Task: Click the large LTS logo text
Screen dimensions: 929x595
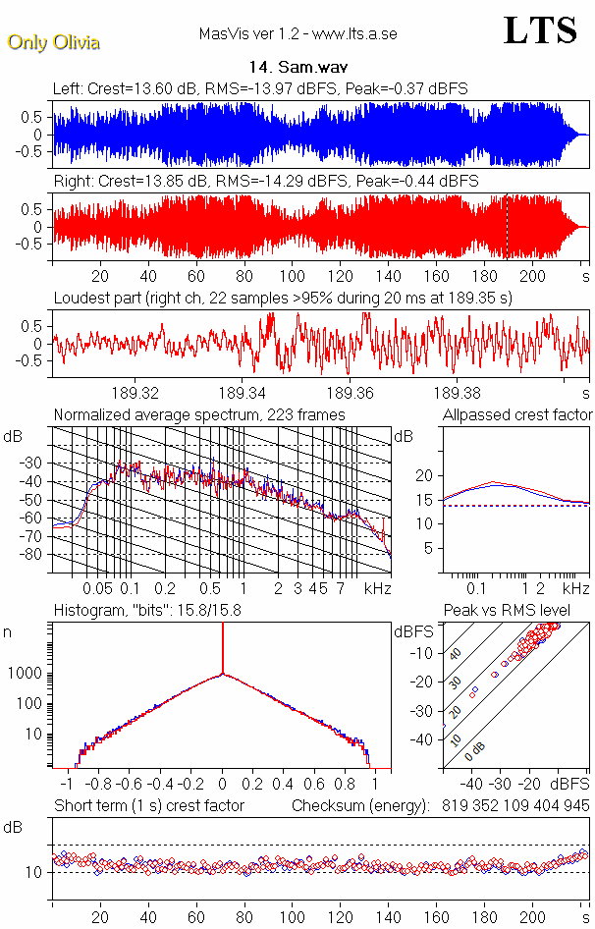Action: point(540,30)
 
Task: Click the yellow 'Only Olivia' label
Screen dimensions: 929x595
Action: point(53,42)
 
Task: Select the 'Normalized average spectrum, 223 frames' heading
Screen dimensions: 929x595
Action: point(199,415)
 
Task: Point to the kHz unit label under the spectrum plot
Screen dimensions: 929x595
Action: point(377,588)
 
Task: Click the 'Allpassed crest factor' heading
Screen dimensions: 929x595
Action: point(517,415)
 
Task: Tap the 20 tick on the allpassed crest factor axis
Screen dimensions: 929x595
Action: point(424,475)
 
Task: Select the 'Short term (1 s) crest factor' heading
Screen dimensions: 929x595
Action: point(148,806)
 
